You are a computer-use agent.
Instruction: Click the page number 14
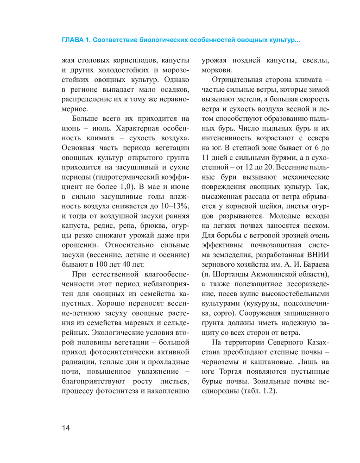pos(65,427)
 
